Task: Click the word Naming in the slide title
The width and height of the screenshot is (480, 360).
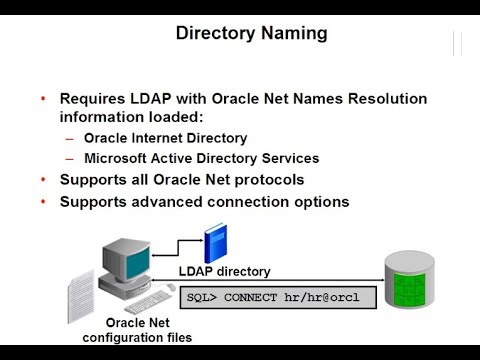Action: coord(290,34)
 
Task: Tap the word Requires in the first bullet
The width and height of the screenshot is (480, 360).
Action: coord(92,99)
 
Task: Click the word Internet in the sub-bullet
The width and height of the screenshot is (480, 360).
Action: coord(165,138)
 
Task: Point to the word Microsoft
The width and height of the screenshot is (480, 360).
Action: coord(116,158)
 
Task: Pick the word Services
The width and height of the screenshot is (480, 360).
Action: coord(289,158)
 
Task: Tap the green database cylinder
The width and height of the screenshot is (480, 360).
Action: coord(413,282)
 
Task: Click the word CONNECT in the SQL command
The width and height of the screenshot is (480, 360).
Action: coord(257,297)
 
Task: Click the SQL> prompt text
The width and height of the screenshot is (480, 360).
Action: coord(204,297)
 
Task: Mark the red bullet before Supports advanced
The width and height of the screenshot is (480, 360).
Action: coord(43,201)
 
